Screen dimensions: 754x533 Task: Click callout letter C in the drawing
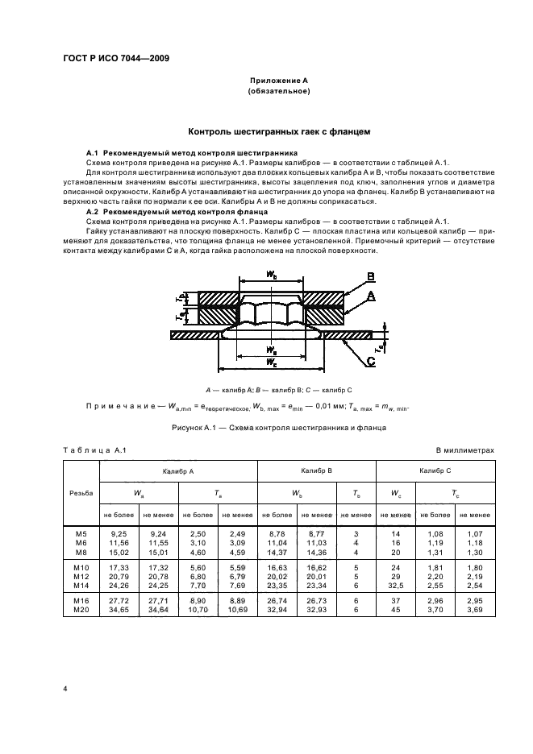370,362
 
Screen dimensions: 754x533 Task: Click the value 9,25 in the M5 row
119,534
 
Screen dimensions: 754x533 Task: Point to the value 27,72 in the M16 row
119,603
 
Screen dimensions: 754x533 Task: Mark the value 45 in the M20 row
397,613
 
